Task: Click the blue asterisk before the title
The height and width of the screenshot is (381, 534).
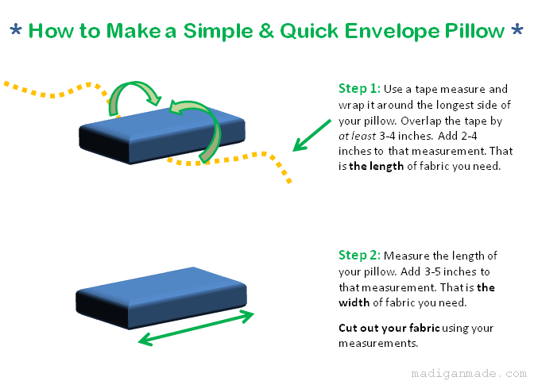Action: [16, 29]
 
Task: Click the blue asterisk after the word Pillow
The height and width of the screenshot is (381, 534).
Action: [517, 29]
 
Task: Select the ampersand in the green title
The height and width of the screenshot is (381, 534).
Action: [266, 31]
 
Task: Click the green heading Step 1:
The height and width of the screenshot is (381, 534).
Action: [359, 88]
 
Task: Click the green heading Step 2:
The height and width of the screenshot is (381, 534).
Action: [359, 255]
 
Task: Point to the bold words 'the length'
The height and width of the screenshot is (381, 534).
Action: [377, 166]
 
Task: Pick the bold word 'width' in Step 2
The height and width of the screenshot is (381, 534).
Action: [354, 302]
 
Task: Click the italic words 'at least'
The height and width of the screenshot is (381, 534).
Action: [357, 136]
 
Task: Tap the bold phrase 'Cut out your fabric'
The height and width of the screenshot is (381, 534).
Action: [389, 328]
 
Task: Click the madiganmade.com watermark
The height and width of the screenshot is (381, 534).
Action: [469, 373]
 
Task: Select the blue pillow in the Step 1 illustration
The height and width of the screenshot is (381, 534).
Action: [162, 135]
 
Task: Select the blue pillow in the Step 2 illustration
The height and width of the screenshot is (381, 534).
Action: [161, 298]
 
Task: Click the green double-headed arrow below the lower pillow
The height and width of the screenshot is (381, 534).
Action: [195, 328]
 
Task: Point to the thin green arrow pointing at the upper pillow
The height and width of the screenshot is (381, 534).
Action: [311, 135]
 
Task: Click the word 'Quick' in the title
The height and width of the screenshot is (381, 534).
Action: [309, 31]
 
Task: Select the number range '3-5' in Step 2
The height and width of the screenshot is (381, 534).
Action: [432, 271]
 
